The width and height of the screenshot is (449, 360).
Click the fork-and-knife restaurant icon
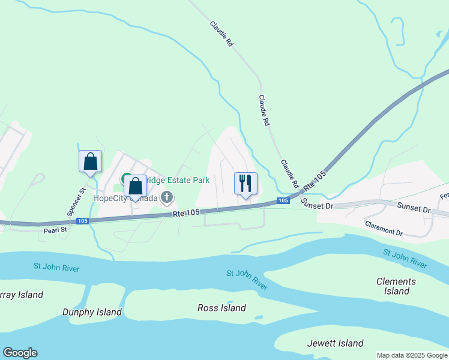(x=245, y=182)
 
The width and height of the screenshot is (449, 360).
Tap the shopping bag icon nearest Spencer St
(x=90, y=161)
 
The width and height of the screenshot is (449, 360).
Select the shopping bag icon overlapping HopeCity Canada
(x=136, y=187)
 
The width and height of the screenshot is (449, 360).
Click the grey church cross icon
(x=167, y=197)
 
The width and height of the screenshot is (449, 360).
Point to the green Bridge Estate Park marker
(x=127, y=179)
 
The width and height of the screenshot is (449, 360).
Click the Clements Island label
(x=396, y=286)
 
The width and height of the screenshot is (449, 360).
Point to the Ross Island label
(x=221, y=308)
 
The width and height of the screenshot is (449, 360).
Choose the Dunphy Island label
(x=92, y=312)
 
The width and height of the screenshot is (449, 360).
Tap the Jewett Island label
(x=335, y=343)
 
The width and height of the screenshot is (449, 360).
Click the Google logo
(x=20, y=353)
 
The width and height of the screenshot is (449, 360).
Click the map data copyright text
(x=412, y=355)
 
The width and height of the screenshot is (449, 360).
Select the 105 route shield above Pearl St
(x=82, y=221)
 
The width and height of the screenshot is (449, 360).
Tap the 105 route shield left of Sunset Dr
(x=282, y=200)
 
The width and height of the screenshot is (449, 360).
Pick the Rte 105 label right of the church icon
(x=185, y=213)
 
